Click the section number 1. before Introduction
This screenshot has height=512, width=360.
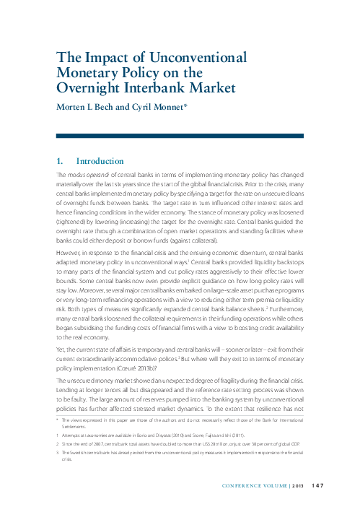click(61, 161)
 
